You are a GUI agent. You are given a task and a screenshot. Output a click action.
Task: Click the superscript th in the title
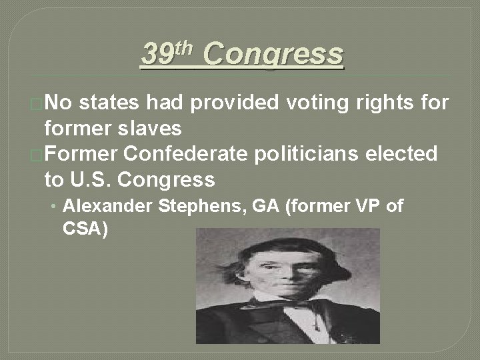(x=185, y=47)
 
